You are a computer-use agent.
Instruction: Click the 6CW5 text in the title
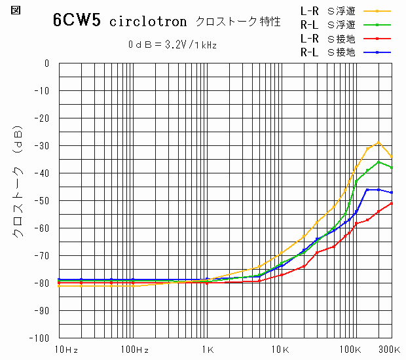77,20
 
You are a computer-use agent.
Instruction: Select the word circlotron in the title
149,22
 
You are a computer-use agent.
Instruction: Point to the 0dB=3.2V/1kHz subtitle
172,45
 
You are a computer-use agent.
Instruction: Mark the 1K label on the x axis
208,350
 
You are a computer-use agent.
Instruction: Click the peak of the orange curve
378,142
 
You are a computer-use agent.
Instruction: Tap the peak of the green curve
378,161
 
